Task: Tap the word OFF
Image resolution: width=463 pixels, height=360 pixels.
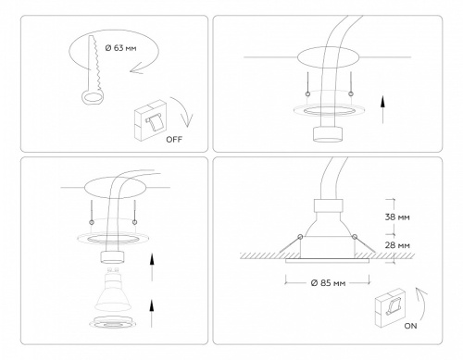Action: [x=173, y=140]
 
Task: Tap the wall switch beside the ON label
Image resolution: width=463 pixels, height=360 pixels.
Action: [x=390, y=310]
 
